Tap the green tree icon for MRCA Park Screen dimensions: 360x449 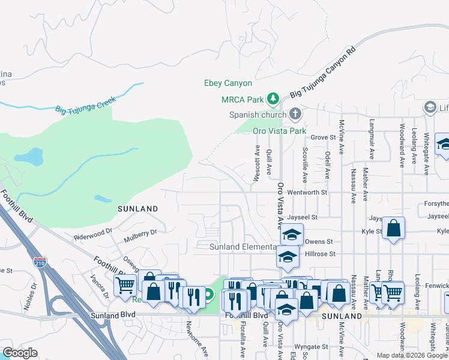coord(273,98)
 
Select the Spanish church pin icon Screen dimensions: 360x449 coord(295,113)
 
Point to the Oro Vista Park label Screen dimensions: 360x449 coord(279,131)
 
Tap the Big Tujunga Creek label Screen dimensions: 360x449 coord(85,106)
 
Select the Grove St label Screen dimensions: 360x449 coord(323,137)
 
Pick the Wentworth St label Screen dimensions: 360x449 coord(307,193)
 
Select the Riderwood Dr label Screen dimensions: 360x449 coord(93,234)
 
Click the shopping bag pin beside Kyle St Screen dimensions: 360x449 coord(393,229)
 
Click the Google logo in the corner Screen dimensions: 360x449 coord(20,353)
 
